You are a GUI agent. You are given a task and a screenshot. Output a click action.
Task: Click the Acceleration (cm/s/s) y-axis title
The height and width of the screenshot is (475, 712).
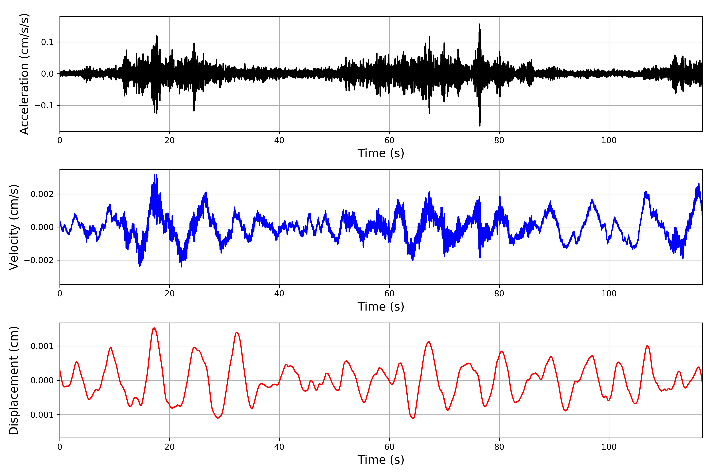[x=24, y=74]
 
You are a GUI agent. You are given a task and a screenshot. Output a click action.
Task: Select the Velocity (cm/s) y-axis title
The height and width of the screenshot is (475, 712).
[x=14, y=227]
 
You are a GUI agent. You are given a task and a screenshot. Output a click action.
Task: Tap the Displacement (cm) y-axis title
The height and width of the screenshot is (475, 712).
[x=14, y=380]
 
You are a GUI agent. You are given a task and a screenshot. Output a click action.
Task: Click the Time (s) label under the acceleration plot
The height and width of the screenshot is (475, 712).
[x=381, y=153]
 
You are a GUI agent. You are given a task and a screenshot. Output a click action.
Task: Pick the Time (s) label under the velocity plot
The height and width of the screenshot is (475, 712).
[x=381, y=307]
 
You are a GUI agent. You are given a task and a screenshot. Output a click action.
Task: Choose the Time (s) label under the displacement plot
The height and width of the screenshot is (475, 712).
[x=381, y=460]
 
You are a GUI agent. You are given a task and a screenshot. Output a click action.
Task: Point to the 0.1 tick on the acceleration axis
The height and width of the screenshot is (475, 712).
[x=47, y=42]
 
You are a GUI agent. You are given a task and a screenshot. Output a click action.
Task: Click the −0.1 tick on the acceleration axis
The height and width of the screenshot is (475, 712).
[x=44, y=105]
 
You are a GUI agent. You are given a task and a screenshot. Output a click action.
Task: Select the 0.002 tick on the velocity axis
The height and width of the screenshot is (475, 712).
[x=42, y=194]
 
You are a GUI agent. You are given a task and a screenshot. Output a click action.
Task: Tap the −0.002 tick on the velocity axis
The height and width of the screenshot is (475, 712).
[x=39, y=260]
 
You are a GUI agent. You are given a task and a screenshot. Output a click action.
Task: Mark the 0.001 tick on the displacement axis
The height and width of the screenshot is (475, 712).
[x=42, y=346]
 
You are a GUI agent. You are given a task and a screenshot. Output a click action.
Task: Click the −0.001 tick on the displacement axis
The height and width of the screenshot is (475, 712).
[x=39, y=415]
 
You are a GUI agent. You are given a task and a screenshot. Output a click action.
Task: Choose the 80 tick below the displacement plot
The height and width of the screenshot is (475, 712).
[x=499, y=447]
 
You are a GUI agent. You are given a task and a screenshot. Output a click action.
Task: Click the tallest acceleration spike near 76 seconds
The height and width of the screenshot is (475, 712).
[x=479, y=24]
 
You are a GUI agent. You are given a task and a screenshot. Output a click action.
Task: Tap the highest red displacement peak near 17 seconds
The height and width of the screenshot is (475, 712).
[x=154, y=328]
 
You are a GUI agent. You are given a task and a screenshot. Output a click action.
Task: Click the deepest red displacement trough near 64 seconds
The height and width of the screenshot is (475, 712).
[x=413, y=419]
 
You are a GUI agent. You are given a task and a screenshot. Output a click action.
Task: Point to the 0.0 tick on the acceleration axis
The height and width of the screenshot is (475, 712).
[x=47, y=74]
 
